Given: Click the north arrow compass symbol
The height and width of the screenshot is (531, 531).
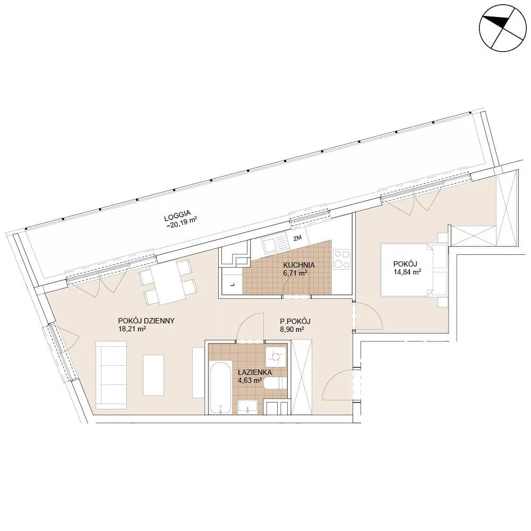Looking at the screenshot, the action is point(503,28).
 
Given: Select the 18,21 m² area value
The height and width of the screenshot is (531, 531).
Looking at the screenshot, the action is point(132,329).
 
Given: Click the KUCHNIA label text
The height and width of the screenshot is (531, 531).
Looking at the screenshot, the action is point(299,265).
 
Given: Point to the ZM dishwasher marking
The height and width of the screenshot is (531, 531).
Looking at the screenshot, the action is point(297,238).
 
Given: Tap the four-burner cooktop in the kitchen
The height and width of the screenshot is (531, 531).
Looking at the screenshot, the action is point(341,259).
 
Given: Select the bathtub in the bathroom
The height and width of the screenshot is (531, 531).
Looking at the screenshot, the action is point(220,388).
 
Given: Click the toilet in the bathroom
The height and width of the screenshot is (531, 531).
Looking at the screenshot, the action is point(276,384).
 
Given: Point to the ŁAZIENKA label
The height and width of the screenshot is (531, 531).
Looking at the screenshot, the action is point(255,373).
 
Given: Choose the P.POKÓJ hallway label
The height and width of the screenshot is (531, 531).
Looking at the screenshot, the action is point(295,321).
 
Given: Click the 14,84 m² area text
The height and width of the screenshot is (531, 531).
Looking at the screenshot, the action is point(407,271).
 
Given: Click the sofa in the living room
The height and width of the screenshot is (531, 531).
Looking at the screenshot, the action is point(112,375).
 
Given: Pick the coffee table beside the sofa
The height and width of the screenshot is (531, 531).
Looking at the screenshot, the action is point(153,375).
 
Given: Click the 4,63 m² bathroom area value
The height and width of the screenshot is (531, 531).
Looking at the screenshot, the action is point(250,380).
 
